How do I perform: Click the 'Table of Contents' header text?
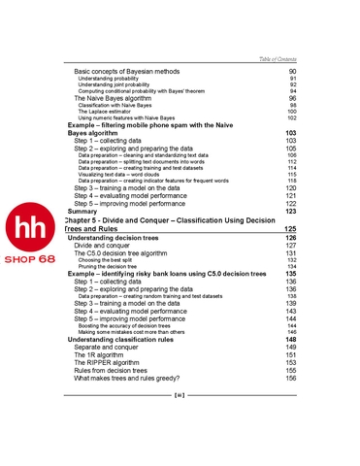pos(273,59)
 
